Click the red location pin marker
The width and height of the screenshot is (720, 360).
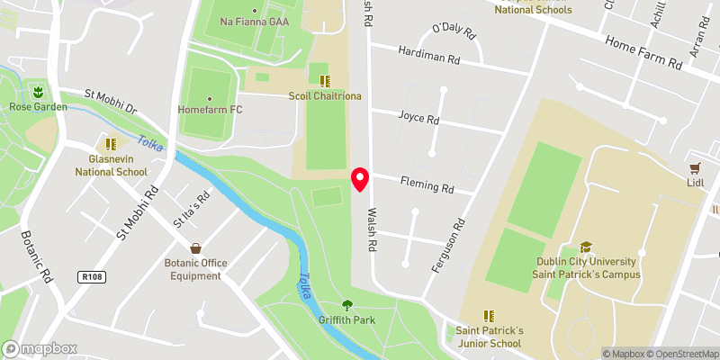tap(360, 179)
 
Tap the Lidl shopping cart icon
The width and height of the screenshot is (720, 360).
tap(695, 167)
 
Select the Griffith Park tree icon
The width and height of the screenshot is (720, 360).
tap(346, 306)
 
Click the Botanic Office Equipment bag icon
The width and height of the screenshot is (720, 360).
tap(194, 247)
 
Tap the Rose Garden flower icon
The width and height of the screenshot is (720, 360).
tap(38, 92)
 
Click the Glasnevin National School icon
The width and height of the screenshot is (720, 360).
tap(111, 144)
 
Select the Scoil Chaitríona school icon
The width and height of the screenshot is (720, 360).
tap(324, 81)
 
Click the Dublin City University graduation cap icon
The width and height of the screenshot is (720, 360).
tap(586, 247)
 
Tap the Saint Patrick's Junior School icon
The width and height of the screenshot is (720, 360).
tap(489, 316)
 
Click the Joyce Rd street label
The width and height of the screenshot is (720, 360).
tap(418, 118)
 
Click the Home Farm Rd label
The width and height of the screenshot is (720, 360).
tap(644, 53)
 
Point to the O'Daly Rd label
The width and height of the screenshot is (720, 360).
tap(453, 31)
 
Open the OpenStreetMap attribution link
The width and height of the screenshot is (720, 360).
tap(680, 354)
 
